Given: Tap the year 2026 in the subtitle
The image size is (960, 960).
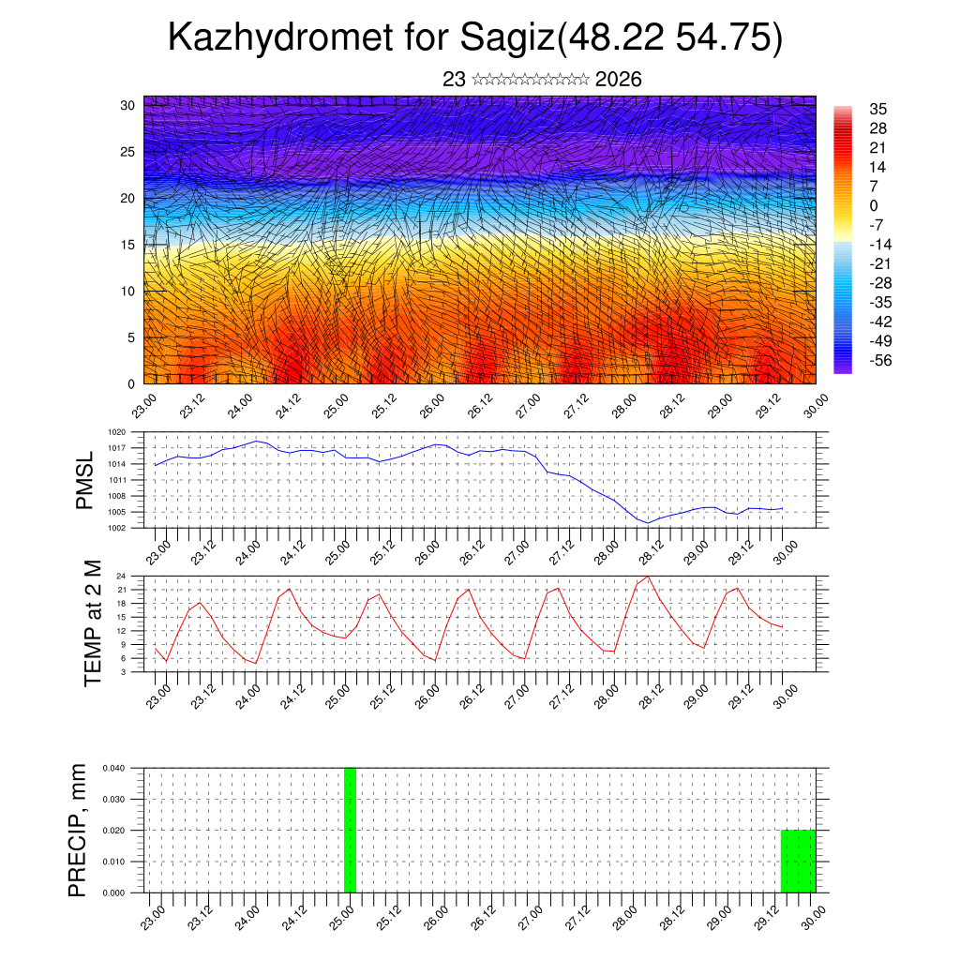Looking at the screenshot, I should click(x=619, y=80).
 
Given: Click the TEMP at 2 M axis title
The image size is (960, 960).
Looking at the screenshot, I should click(x=92, y=622).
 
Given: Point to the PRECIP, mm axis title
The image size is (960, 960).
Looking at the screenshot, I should click(x=78, y=830).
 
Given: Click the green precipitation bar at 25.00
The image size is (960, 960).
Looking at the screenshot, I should click(x=350, y=830).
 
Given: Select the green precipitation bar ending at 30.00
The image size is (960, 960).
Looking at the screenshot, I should click(x=798, y=861).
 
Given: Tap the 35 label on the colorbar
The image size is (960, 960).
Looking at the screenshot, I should click(x=877, y=110).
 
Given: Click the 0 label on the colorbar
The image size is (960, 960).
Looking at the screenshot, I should click(x=874, y=205).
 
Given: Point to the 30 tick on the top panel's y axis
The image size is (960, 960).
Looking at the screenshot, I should click(x=127, y=105).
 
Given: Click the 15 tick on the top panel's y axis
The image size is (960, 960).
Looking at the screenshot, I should click(x=127, y=245).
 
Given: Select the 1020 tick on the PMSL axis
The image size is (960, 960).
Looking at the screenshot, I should click(x=117, y=432).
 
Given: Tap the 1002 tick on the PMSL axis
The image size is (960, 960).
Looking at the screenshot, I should click(x=117, y=528).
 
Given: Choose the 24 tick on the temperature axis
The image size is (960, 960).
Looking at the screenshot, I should click(x=122, y=576).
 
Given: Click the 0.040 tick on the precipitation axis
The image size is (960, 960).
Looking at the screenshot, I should click(x=113, y=768).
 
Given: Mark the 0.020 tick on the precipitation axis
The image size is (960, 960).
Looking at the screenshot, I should click(x=113, y=831).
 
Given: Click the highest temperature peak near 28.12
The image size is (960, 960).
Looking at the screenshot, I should click(x=648, y=576).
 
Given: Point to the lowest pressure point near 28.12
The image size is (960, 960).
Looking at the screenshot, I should click(x=648, y=523).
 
